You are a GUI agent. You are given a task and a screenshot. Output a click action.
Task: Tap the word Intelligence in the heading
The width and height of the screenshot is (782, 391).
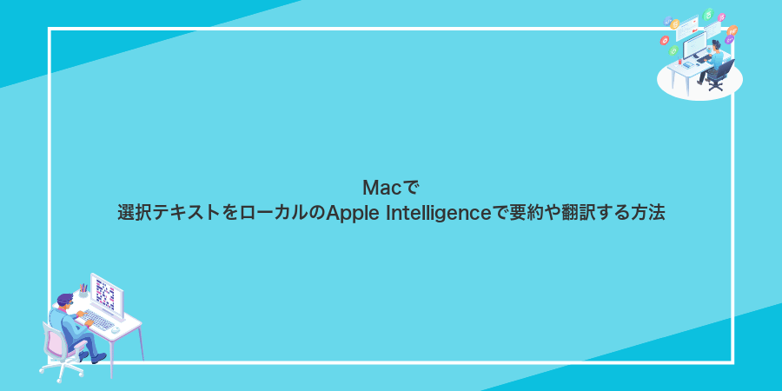[x=436, y=213]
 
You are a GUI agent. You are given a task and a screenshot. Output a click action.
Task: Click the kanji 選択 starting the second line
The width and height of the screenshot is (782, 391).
[x=132, y=213]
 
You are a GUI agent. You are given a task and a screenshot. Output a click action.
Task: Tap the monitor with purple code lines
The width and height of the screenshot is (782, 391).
[x=106, y=295]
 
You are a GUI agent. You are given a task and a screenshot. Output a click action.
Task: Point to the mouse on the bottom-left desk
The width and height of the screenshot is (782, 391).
[x=116, y=331]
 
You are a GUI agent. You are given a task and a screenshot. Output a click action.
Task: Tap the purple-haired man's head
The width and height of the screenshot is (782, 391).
[x=64, y=301]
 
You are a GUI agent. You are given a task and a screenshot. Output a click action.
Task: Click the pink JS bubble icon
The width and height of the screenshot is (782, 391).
[x=722, y=17]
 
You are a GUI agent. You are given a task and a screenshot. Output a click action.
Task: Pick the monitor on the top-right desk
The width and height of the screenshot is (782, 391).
[x=694, y=43]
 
